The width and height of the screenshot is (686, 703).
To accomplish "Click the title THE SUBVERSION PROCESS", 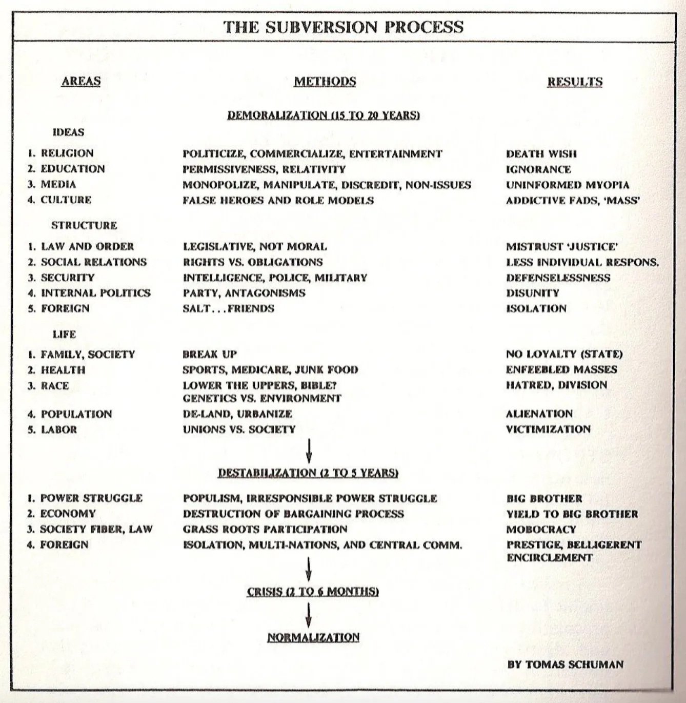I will tap(343, 27).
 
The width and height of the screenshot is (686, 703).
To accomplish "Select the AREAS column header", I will tap(81, 81).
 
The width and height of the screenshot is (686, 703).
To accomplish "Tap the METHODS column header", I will tap(325, 82).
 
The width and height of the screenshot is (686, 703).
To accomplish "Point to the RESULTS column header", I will tap(575, 82).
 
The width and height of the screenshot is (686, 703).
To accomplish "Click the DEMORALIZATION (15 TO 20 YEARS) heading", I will tap(324, 115).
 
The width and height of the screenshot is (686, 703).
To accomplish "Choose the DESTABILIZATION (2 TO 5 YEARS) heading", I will tap(308, 473).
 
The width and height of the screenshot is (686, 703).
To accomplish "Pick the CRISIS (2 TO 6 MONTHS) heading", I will tap(313, 592).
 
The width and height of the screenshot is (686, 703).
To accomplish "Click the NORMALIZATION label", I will tap(313, 637).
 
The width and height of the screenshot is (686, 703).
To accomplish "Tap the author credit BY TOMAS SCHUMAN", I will tap(566, 664).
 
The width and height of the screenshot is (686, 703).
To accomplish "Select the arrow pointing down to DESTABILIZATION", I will tap(309, 450).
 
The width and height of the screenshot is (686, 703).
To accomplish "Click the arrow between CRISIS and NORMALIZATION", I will tap(309, 614).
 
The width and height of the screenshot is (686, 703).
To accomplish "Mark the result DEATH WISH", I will tap(541, 153).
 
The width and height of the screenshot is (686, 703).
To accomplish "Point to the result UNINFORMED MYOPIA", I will tap(568, 185).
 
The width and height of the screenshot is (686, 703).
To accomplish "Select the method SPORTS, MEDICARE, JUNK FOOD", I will tap(270, 369).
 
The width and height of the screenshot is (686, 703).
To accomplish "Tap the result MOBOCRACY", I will tap(541, 529).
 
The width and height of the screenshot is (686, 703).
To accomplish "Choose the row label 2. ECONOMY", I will tap(62, 514).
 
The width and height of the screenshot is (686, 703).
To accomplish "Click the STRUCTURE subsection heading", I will tap(84, 225).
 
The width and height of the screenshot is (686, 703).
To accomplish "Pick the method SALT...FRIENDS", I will tap(228, 308).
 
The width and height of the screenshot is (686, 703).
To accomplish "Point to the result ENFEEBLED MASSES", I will tap(561, 369).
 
